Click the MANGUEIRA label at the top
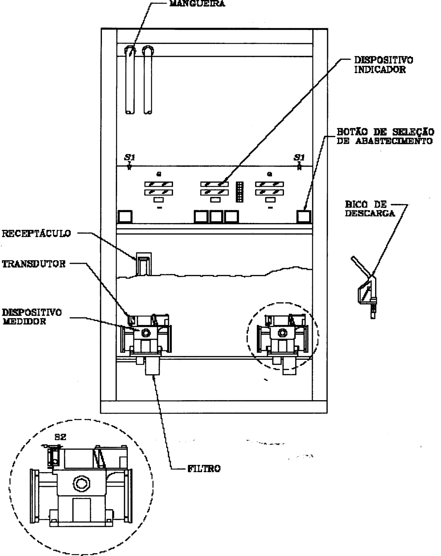(x=197, y=3)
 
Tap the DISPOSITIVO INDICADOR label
(x=383, y=65)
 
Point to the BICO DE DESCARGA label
(x=370, y=209)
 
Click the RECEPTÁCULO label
(x=36, y=233)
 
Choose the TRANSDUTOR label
(x=34, y=264)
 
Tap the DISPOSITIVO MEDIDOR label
(x=32, y=317)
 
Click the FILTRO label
(x=204, y=468)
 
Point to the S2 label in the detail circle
(x=60, y=437)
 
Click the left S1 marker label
(x=129, y=157)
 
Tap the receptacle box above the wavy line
(x=143, y=264)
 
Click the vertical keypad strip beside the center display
(x=239, y=192)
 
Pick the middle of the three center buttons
(x=216, y=217)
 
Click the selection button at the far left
(x=125, y=217)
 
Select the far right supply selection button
(x=304, y=217)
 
